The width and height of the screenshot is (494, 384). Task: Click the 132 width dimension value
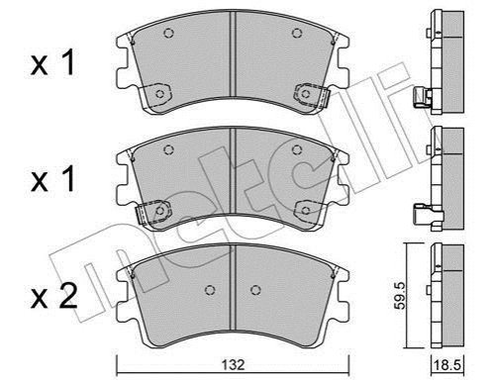pos(233,364)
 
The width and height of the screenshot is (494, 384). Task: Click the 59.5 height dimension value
pos(400,296)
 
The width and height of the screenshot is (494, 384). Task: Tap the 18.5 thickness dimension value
pos(447,365)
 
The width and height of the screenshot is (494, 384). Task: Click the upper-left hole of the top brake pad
pos(168,33)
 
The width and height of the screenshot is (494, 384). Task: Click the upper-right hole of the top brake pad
pos(297,33)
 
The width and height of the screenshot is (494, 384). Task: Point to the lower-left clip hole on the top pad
pos(160,94)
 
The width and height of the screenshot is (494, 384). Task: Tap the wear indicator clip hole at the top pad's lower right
pos(306,94)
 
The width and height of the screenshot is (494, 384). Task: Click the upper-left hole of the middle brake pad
pos(168,150)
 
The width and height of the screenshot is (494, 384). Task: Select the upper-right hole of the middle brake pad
pos(297,150)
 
